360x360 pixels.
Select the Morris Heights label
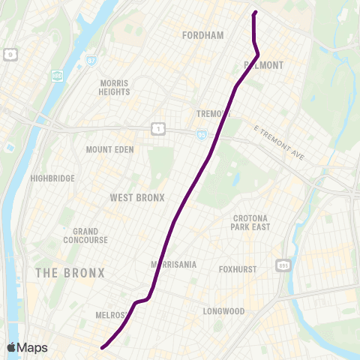click(114, 87)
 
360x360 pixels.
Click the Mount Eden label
click(109, 149)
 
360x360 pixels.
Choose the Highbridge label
click(52, 178)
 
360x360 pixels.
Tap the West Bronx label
click(136, 198)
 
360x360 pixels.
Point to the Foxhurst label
click(238, 269)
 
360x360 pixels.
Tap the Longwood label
click(223, 310)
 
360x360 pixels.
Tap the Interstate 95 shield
click(202, 135)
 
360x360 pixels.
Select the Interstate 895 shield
click(283, 265)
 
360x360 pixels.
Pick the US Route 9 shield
click(10, 54)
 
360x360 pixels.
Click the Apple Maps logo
click(27, 347)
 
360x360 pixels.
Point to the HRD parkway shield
click(58, 76)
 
